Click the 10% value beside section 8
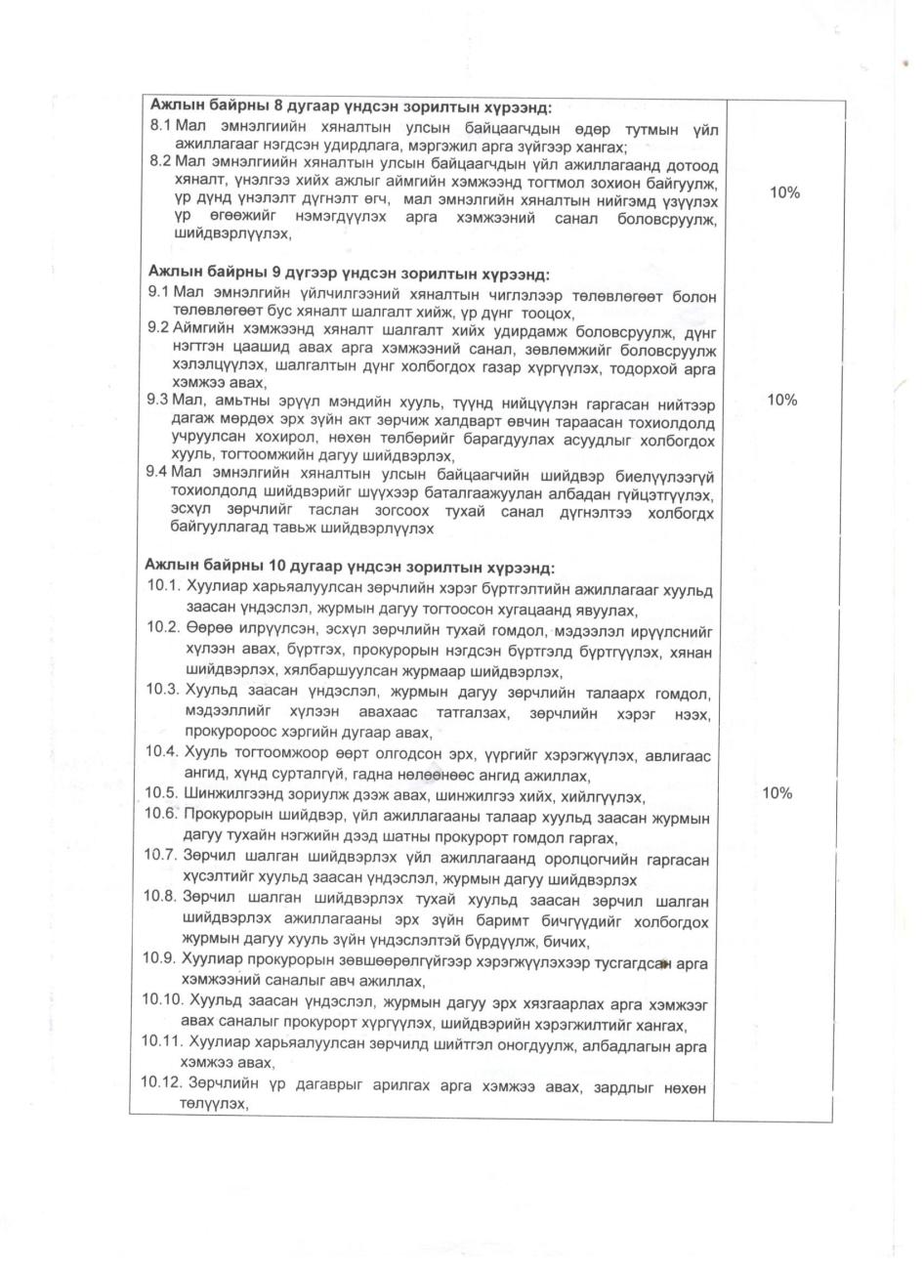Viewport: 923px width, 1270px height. (x=784, y=192)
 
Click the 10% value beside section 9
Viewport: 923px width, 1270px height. (x=782, y=400)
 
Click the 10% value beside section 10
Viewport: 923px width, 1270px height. (x=776, y=793)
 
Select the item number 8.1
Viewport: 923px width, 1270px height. (x=160, y=126)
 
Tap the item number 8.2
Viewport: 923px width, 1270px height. (x=160, y=161)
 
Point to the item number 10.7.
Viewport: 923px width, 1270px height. (x=159, y=854)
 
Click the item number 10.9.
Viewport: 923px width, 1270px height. (x=159, y=957)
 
